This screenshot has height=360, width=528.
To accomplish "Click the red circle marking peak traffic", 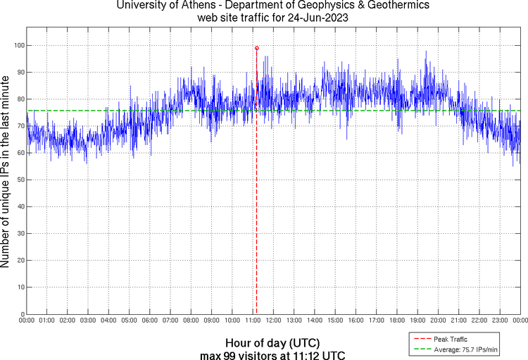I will pos(257,48).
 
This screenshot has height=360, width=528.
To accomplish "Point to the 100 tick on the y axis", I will pos(19,45).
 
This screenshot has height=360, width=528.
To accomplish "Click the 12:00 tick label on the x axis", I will pos(273,321).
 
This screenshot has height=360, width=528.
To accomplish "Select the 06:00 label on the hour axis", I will pos(150,321).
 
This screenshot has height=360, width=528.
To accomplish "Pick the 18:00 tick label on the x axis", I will pos(396,321).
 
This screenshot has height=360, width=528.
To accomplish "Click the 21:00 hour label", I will pos(458,321).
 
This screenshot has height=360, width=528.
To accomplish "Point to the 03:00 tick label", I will pos(88,321).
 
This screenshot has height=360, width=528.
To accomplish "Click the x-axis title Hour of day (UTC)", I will pos(273,342).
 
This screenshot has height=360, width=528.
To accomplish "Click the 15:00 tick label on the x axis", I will pos(335,321).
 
